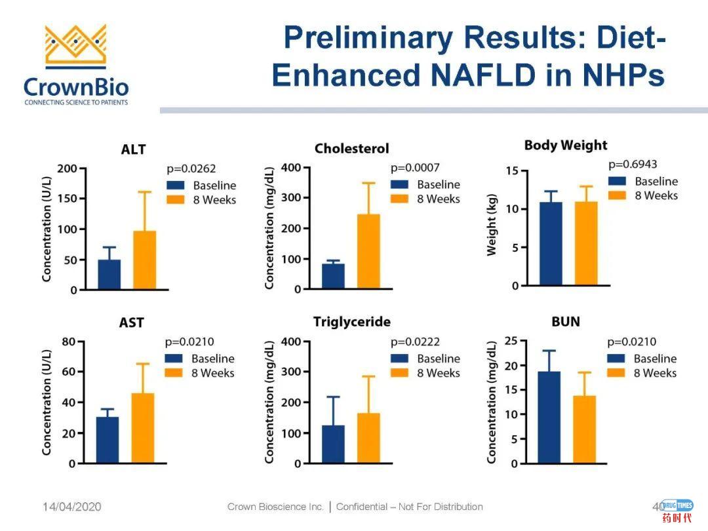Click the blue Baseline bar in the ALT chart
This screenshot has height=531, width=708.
pyautogui.click(x=109, y=275)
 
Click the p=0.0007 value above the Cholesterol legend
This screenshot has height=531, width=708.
pyautogui.click(x=415, y=168)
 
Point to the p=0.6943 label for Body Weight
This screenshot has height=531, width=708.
pyautogui.click(x=632, y=165)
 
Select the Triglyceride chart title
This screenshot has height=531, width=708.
pyautogui.click(x=351, y=322)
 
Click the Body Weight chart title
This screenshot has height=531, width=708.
pyautogui.click(x=566, y=146)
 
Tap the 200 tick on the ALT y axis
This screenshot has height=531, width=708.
pyautogui.click(x=68, y=168)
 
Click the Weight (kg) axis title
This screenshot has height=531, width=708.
pyautogui.click(x=492, y=225)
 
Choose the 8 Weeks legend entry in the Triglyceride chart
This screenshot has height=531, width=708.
pyautogui.click(x=438, y=373)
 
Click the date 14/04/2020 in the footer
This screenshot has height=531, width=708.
pyautogui.click(x=72, y=507)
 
